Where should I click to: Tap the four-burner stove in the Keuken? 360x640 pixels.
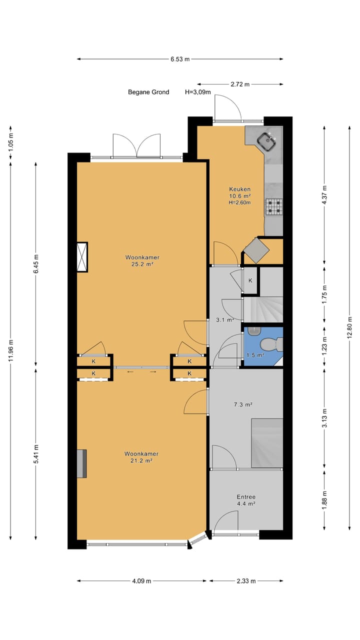pos(274,207)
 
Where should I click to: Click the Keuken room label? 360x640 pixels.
pos(239,189)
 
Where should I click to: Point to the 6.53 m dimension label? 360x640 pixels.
pos(180,59)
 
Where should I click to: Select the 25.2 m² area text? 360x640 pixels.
pos(142,264)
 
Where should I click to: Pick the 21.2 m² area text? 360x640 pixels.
pos(141,460)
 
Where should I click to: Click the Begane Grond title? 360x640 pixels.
pos(148,92)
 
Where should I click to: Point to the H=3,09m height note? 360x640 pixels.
pos(198,92)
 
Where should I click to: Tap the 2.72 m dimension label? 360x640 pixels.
pos(240,84)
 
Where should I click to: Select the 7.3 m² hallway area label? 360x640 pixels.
pos(243,404)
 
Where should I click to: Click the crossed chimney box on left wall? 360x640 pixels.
pos(82,257)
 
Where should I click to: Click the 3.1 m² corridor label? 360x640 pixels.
pos(225,320)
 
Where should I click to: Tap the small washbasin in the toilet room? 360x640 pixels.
pos(254,331)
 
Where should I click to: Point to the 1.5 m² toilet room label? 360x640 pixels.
pos(255,355)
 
